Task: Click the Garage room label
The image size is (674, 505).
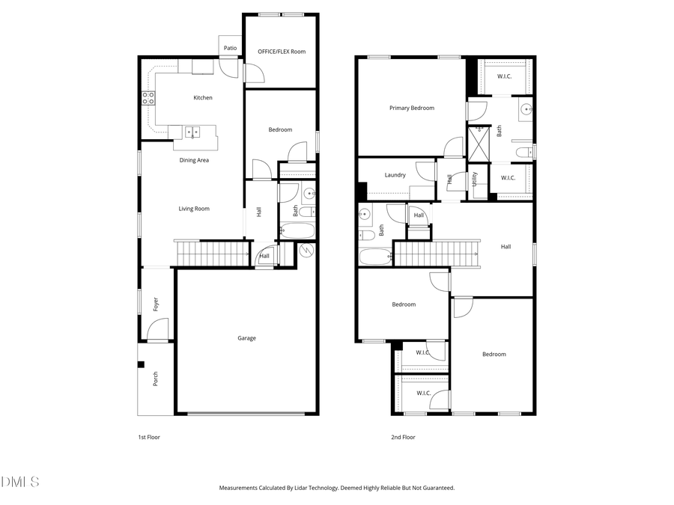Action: [x=246, y=338]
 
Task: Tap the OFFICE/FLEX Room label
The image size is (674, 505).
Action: [x=282, y=52]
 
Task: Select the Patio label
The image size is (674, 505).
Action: [x=230, y=48]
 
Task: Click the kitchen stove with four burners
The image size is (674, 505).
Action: [x=148, y=97]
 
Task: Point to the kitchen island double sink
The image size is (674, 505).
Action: [x=192, y=132]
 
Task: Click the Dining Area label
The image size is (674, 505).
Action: [x=193, y=160]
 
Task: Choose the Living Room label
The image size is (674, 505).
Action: [x=193, y=209]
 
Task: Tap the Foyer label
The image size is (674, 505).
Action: [x=156, y=304]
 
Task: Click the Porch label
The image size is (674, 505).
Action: [x=156, y=379]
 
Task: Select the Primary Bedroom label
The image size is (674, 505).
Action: [x=411, y=108]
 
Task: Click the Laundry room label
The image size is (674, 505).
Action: [x=395, y=175]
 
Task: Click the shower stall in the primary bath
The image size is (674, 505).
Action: [x=478, y=144]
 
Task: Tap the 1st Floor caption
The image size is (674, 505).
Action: [x=148, y=437]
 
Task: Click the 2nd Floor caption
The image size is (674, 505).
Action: [x=403, y=437]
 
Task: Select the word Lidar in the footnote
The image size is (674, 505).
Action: [x=297, y=488]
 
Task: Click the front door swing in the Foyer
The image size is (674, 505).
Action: [x=158, y=330]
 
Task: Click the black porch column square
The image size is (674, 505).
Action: [x=141, y=364]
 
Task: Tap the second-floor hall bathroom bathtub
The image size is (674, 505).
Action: [x=375, y=257]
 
